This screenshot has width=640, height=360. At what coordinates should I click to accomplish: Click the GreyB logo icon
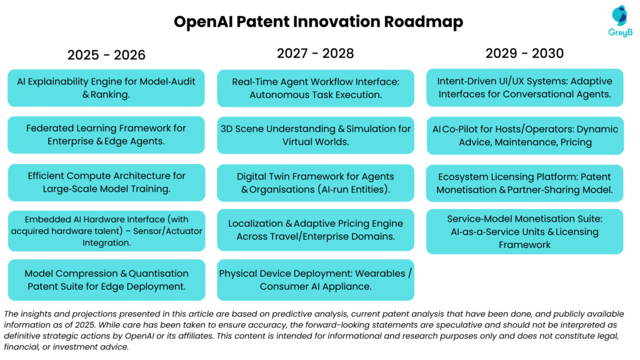(x=619, y=16)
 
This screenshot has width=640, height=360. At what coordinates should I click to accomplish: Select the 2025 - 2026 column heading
(x=106, y=55)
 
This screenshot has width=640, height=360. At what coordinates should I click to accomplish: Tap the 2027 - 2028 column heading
(x=315, y=53)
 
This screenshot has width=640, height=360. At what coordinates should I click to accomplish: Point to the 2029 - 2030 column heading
(x=524, y=53)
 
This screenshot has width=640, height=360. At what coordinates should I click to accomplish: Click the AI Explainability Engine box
(x=106, y=87)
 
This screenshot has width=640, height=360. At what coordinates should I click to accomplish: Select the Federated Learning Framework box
(x=106, y=134)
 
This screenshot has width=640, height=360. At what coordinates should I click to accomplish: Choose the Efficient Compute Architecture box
(x=106, y=182)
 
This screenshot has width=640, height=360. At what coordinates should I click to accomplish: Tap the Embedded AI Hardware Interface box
(x=106, y=231)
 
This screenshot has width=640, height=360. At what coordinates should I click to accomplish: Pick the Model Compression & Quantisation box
(x=106, y=280)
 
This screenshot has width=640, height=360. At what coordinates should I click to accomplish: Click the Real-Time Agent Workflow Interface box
(x=316, y=88)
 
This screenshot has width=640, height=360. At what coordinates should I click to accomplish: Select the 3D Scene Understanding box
(x=316, y=135)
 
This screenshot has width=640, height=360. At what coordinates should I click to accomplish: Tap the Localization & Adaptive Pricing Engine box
(x=316, y=230)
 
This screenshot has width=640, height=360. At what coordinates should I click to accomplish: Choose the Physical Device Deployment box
(x=316, y=280)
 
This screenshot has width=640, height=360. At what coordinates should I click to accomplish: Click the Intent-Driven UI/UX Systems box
(x=524, y=87)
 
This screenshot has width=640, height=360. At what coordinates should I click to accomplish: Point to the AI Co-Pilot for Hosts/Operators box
(x=524, y=135)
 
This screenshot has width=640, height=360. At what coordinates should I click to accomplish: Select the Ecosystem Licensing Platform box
(x=524, y=183)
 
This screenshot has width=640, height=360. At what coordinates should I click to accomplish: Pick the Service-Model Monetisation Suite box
(x=524, y=231)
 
